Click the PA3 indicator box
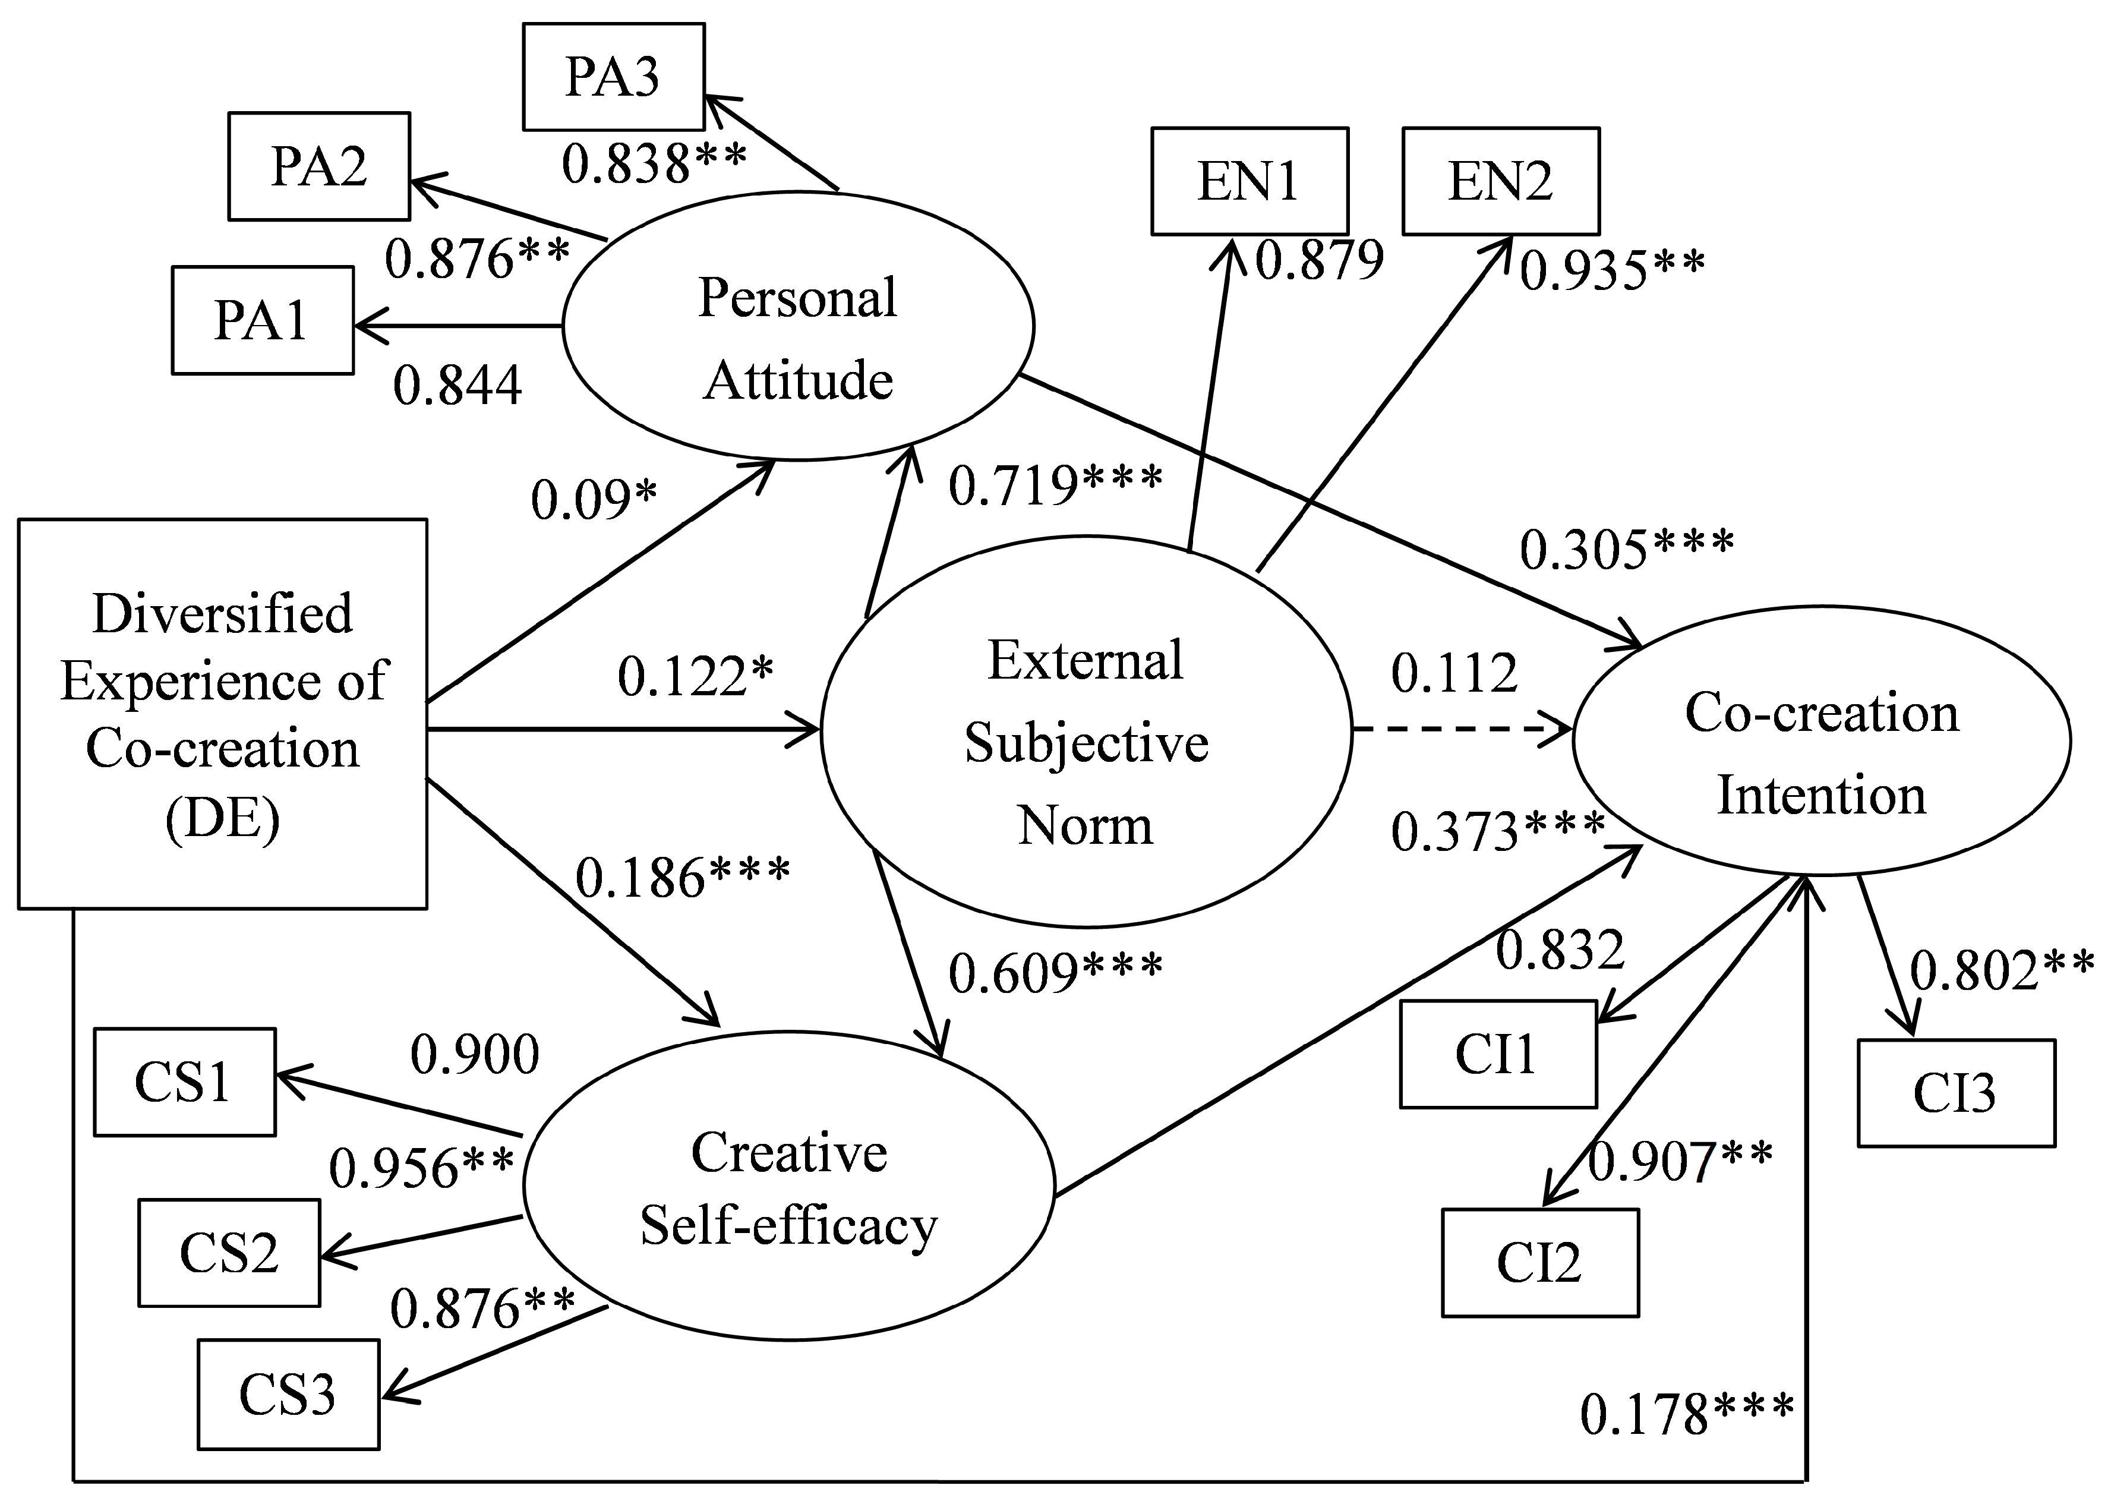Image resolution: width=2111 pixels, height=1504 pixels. [613, 77]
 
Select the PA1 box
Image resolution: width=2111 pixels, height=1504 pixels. [262, 320]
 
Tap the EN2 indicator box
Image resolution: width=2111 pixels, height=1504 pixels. [1500, 181]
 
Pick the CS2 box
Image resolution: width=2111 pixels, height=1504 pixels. [229, 1253]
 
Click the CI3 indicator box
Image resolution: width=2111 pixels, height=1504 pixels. [1955, 1093]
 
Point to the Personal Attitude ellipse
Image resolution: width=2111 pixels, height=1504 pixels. [797, 326]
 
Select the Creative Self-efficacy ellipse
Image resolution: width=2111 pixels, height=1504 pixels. [789, 1185]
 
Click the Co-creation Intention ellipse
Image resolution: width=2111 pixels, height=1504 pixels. [1821, 741]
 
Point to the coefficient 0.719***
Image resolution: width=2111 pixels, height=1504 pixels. [1055, 484]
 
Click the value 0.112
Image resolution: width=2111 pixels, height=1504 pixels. [1454, 673]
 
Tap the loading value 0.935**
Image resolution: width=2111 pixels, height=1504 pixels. [1612, 270]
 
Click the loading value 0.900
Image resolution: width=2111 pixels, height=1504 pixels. [475, 1054]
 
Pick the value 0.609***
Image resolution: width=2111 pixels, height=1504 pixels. [1055, 972]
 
